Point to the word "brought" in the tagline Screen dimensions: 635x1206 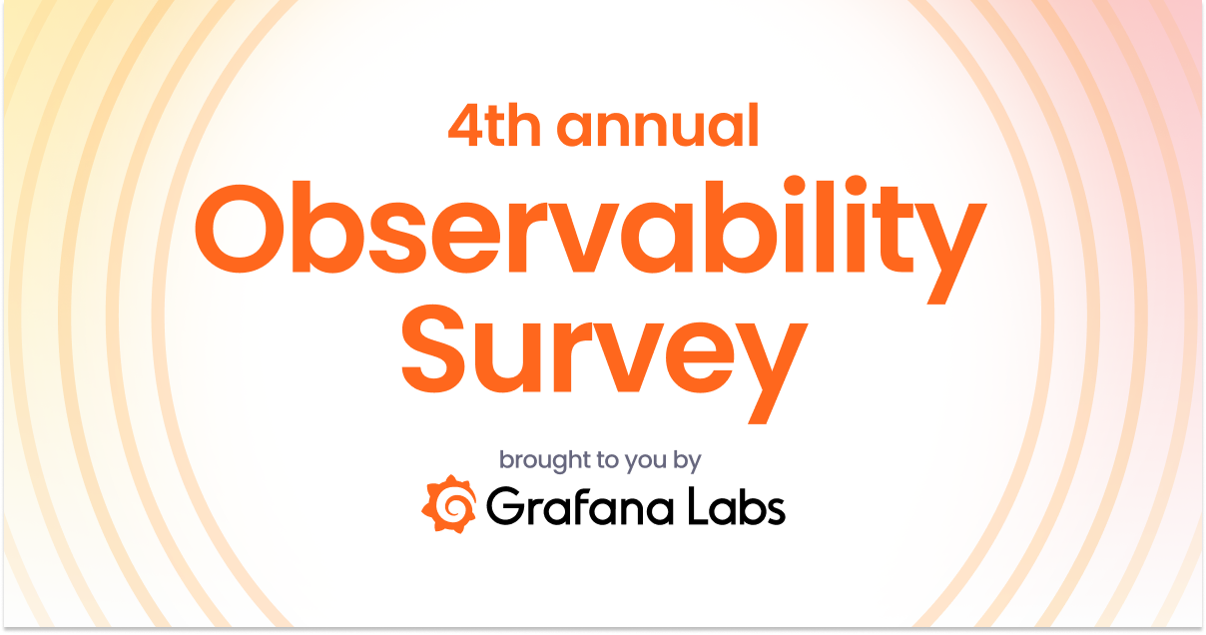tap(540, 461)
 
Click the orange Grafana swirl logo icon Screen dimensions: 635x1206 tap(448, 504)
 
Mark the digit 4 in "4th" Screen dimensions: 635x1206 tap(464, 126)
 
